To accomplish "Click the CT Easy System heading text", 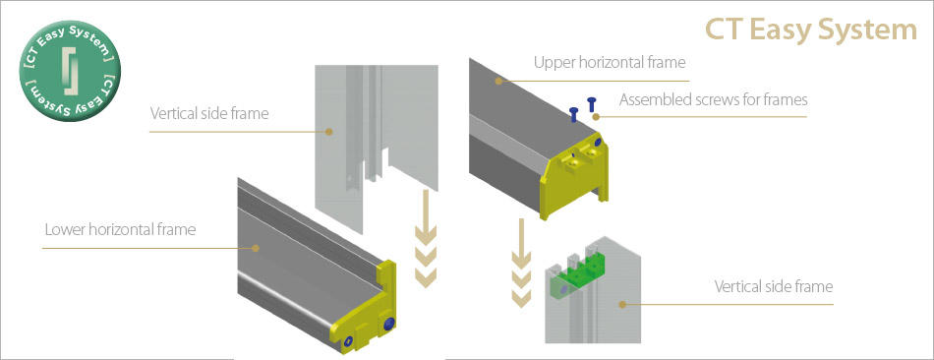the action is pyautogui.click(x=811, y=30).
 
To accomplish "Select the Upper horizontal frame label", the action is pyautogui.click(x=610, y=62).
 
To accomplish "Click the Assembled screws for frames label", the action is pyautogui.click(x=714, y=99).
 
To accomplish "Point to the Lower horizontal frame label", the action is pyautogui.click(x=120, y=229).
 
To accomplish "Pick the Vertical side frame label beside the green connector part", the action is pyautogui.click(x=773, y=286).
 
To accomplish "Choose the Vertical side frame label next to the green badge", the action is pyautogui.click(x=209, y=113).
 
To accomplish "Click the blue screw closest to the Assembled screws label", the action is pyautogui.click(x=592, y=103).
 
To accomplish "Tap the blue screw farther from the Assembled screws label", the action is pyautogui.click(x=574, y=114).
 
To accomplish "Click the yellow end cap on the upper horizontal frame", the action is pyautogui.click(x=575, y=176).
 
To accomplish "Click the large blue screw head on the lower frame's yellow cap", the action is pyautogui.click(x=389, y=324).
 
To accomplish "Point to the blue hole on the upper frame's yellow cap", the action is pyautogui.click(x=598, y=144).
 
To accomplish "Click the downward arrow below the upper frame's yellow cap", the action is pyautogui.click(x=522, y=264).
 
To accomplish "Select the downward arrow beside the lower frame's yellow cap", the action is pyautogui.click(x=426, y=238).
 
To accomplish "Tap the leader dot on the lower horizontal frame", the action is pyautogui.click(x=257, y=247).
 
